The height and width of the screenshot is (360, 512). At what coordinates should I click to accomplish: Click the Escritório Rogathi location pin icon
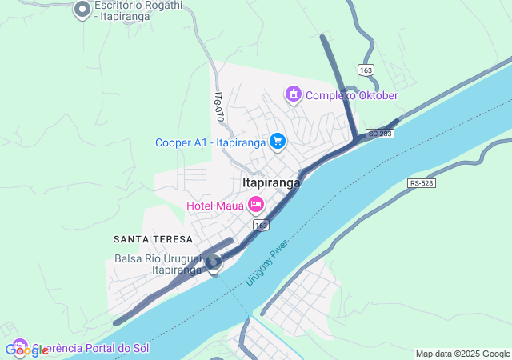(x=82, y=10)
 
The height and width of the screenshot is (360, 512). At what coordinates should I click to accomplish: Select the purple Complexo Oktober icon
(x=294, y=95)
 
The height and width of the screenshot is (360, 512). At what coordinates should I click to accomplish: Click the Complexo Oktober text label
(x=352, y=96)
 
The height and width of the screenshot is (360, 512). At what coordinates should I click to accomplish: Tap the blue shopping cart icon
(x=278, y=142)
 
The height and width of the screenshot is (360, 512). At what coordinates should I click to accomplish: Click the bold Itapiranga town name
(x=271, y=182)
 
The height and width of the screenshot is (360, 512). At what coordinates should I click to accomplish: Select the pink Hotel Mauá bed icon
(x=256, y=205)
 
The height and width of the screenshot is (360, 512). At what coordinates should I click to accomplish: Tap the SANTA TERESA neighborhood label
(x=153, y=239)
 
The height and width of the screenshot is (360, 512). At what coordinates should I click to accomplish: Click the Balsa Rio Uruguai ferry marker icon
(x=214, y=262)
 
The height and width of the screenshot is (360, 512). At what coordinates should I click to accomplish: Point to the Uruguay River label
(x=266, y=262)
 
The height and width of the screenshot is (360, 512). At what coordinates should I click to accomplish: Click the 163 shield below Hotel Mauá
(x=261, y=226)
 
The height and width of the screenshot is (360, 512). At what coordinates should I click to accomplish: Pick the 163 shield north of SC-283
(x=366, y=70)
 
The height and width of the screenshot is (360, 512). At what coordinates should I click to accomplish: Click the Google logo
(x=26, y=350)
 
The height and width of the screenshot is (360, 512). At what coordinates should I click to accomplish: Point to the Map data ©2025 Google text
(x=462, y=354)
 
